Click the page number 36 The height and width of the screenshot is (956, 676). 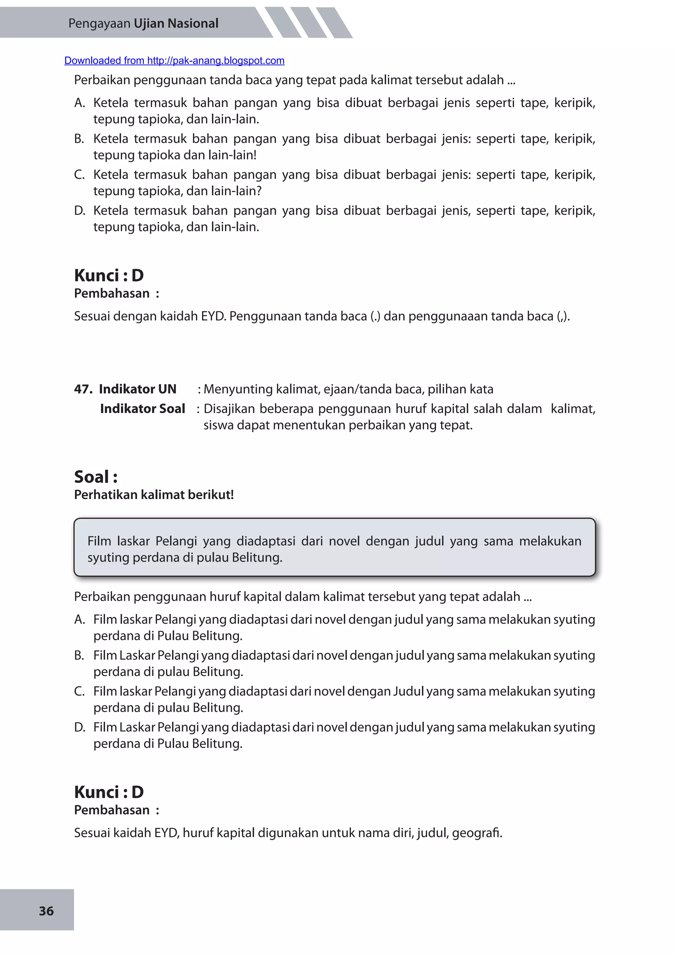tap(46, 911)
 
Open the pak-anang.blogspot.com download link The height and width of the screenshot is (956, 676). tap(174, 61)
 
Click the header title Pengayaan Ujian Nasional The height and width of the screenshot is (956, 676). tap(143, 23)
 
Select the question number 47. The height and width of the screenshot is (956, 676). tap(83, 389)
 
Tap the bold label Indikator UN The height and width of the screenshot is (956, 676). tap(137, 389)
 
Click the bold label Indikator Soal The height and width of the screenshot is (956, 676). tap(142, 408)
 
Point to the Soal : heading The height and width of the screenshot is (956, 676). tap(96, 477)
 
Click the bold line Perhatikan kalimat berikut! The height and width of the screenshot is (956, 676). tap(153, 495)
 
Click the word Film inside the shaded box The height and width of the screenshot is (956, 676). tap(99, 541)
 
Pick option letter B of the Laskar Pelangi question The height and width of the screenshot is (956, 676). tap(79, 655)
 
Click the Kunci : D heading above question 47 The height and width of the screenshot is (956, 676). tap(109, 275)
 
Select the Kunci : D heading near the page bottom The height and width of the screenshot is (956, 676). tap(109, 792)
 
